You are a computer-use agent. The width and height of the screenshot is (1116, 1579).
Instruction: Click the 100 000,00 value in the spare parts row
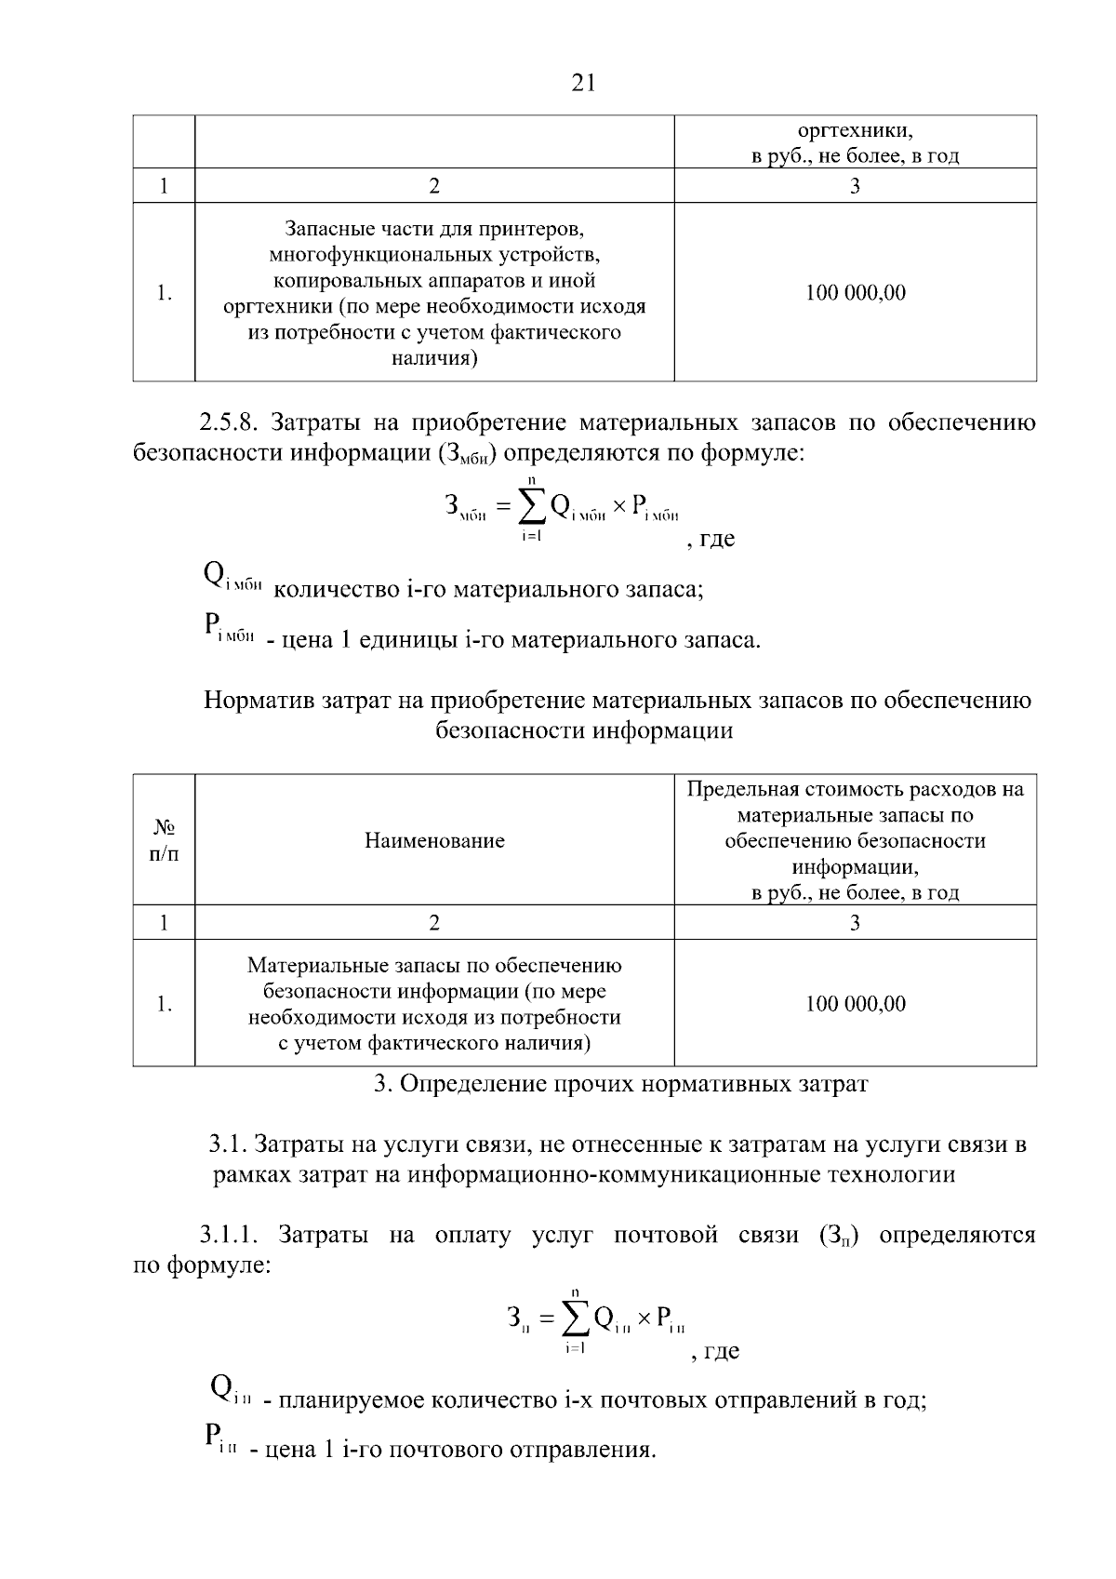[855, 293]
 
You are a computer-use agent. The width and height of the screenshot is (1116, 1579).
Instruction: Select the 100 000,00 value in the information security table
[855, 1004]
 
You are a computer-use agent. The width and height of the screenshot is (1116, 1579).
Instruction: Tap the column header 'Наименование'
[434, 841]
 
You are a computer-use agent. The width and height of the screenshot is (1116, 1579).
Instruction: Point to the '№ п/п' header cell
[164, 840]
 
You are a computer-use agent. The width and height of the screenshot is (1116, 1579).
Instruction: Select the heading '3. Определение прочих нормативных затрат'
[620, 1084]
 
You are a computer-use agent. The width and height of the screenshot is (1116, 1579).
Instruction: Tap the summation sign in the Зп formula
[576, 1319]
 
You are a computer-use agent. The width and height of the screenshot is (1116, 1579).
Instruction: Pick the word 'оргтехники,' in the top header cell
[855, 130]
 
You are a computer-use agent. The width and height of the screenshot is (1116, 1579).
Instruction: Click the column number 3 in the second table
[855, 923]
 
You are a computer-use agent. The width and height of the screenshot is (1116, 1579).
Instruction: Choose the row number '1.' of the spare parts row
[164, 293]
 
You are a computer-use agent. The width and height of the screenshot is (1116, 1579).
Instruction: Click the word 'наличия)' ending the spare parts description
[434, 358]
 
